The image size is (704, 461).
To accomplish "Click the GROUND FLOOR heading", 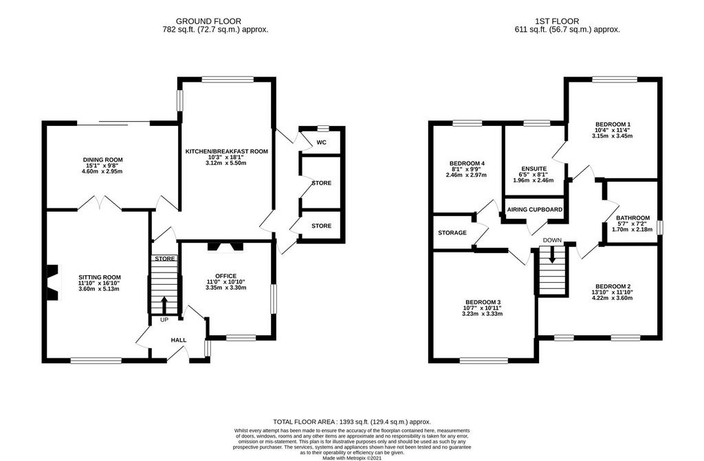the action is pos(208,21).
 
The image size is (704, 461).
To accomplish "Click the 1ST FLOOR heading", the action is pos(557,21).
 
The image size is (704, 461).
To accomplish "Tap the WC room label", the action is pos(322,143).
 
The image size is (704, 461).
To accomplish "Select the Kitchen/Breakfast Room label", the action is pos(227,151).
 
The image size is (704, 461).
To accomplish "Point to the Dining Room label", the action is pos(103,160).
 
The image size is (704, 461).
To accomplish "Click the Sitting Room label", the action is pos(100,277).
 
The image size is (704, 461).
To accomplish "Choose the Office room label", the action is pos(225,276).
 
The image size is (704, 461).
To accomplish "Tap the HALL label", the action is pos(179,340).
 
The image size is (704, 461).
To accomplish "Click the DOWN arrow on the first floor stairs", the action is pos(552,255).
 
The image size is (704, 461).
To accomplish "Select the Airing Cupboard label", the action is pos(535,210).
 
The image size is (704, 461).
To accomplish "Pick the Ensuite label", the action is pos(533,169).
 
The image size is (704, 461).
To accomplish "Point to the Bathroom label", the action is pos(633,218).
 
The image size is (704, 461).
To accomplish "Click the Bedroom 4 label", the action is pos(467,163).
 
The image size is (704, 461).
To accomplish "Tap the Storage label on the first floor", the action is pos(452,233).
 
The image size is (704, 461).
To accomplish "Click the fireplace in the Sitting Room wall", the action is pos(52,282).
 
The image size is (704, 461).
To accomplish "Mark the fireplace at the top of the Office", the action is pos(225,247).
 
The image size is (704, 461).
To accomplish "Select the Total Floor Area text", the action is pos(352,422).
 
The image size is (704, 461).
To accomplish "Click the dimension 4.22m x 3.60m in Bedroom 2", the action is pos(613,298).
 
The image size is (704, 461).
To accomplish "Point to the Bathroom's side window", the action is pos(659,227).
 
